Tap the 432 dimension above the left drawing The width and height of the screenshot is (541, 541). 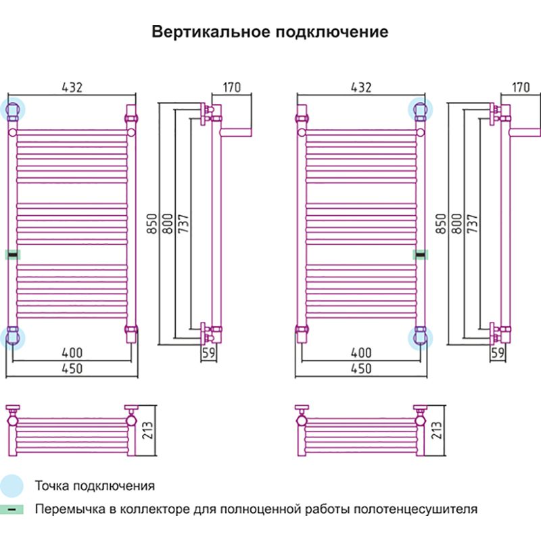[72, 87]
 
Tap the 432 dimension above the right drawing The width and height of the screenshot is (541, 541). [361, 87]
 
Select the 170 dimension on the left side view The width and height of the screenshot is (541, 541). [231, 87]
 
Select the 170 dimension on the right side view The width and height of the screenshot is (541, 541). [521, 87]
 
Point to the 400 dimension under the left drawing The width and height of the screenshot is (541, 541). [72, 352]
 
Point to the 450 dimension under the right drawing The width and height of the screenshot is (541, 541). [361, 369]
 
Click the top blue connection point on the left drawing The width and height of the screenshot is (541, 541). [13, 109]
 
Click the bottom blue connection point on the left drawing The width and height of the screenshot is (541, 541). [13, 337]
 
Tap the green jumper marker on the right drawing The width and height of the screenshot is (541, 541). [420, 254]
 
